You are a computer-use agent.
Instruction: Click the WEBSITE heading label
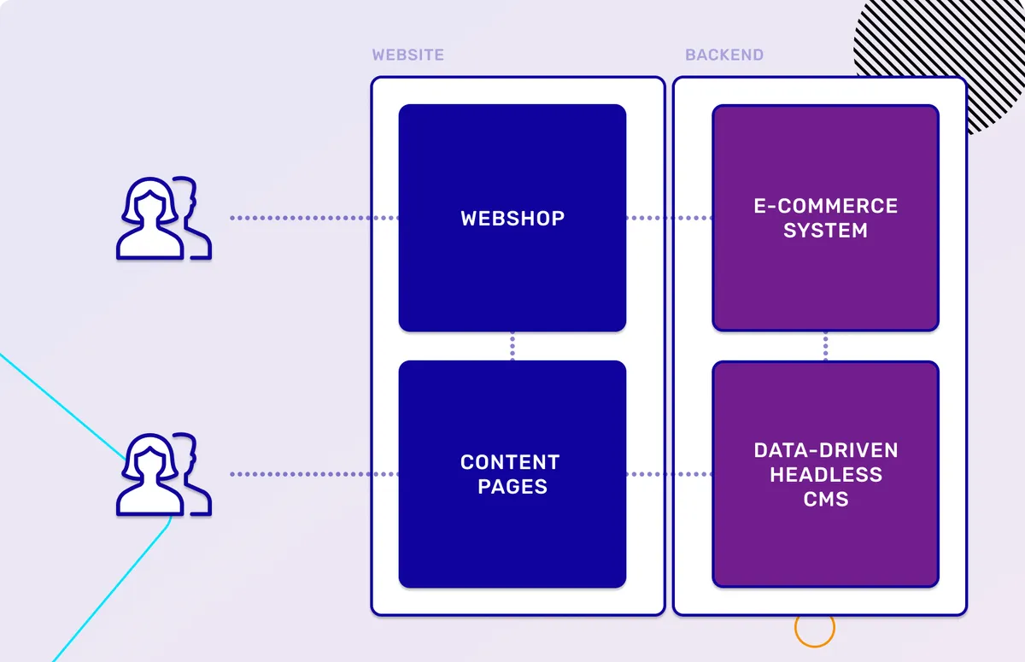click(407, 56)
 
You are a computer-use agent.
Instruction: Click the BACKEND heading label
click(723, 56)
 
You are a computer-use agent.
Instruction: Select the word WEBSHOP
click(512, 219)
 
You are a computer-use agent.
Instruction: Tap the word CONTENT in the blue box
click(510, 462)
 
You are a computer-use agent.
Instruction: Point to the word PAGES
click(512, 487)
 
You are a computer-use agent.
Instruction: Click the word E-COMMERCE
click(825, 206)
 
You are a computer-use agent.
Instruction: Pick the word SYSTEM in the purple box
click(825, 231)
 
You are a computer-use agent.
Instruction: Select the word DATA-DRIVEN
click(825, 450)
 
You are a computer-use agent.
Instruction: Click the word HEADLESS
click(825, 474)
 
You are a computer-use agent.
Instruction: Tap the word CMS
click(825, 499)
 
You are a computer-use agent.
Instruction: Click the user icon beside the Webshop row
click(162, 218)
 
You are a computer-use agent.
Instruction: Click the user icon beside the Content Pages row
click(162, 474)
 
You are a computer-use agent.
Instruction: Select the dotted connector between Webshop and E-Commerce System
click(670, 218)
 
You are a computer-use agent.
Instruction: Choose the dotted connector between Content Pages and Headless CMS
click(670, 474)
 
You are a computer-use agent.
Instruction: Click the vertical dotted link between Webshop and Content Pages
click(512, 346)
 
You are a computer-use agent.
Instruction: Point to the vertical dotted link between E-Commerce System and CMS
click(826, 346)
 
